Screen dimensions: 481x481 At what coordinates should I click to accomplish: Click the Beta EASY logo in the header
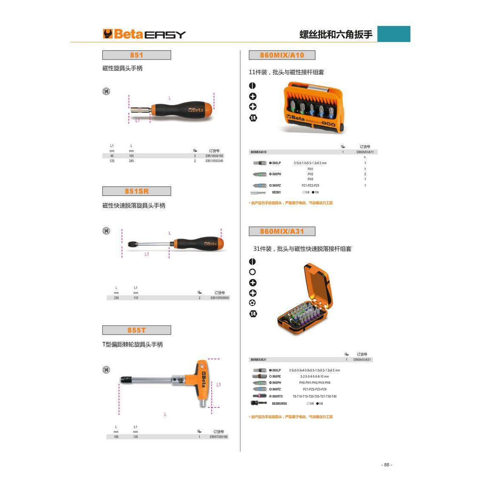144,34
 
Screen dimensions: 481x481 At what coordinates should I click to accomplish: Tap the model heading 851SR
137,191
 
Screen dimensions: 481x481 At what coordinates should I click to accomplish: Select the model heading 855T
137,330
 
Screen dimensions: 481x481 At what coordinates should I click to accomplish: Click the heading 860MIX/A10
282,55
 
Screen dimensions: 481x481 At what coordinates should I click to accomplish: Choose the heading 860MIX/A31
282,231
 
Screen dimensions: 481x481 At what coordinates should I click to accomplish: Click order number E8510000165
214,156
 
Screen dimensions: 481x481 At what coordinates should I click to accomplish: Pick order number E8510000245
214,161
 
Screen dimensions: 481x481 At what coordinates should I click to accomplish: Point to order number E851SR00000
219,298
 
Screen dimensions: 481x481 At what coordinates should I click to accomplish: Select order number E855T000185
219,437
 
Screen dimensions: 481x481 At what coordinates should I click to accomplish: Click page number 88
387,465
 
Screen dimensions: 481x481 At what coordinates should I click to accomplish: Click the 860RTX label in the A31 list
277,396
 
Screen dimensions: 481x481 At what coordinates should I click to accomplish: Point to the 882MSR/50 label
279,404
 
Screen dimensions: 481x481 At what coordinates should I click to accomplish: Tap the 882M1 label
276,192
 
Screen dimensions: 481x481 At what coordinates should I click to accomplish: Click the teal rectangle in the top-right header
393,34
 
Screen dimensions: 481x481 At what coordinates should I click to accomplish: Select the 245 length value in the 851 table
131,161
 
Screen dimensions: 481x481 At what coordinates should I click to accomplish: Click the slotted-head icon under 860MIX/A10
253,85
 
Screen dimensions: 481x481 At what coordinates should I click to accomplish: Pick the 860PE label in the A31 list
276,376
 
